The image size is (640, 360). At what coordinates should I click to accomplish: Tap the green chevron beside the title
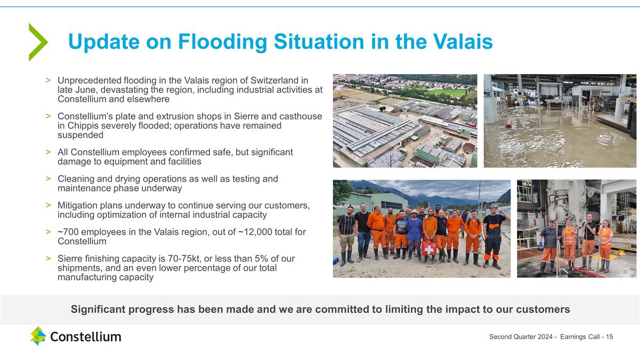point(38,42)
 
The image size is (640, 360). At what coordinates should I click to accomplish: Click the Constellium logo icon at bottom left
point(38,336)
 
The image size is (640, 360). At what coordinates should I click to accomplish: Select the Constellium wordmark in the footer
point(85,337)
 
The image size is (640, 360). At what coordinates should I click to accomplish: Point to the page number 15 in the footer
point(609,337)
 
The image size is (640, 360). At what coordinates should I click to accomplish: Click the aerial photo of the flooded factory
point(405,121)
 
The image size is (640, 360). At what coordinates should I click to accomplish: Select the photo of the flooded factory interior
point(559,121)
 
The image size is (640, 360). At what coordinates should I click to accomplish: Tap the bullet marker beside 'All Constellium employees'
point(48,153)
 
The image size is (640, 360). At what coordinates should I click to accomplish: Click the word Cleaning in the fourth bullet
point(75,179)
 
